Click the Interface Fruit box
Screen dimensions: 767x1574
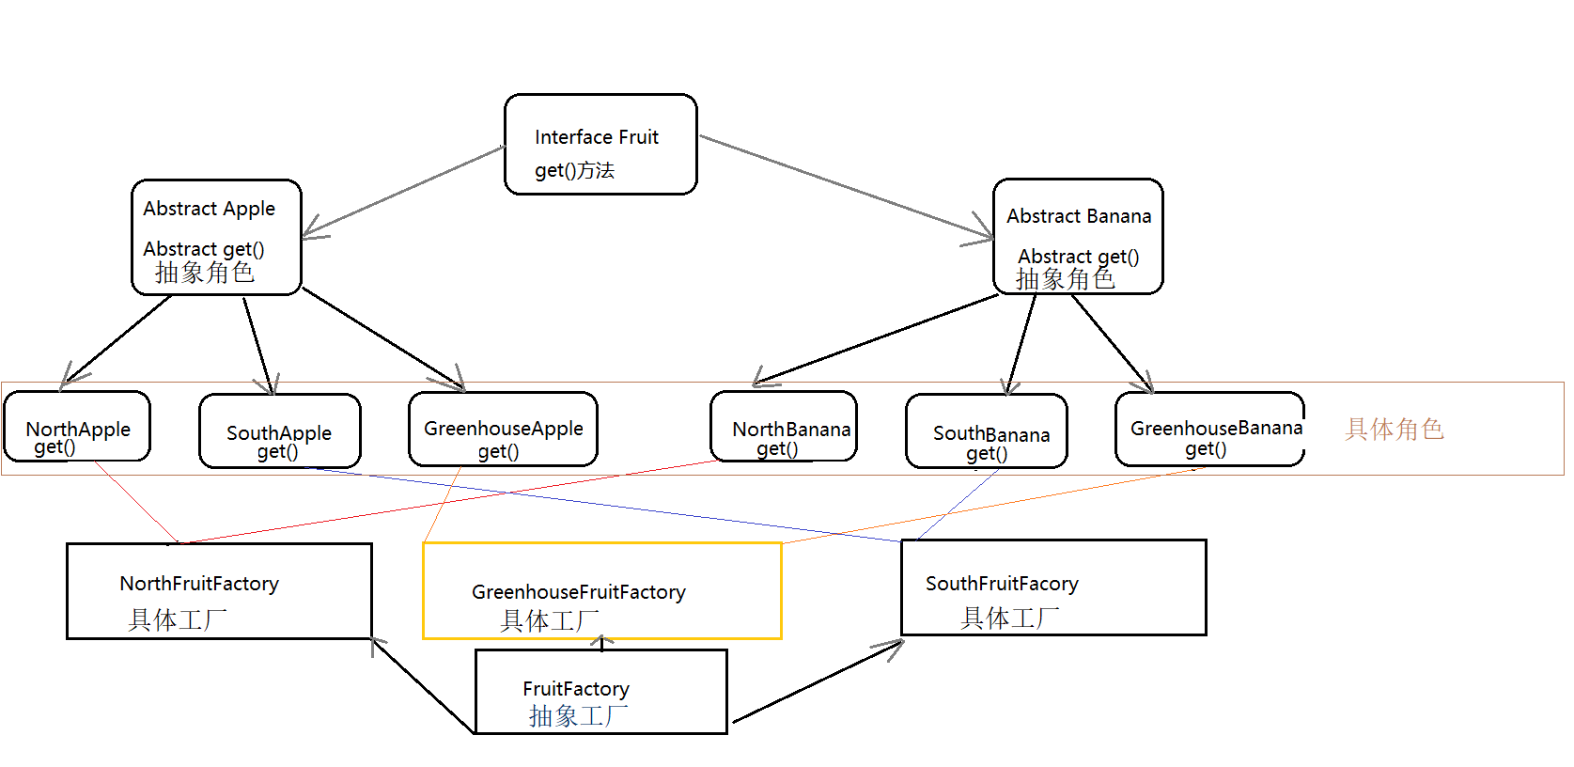[x=600, y=144]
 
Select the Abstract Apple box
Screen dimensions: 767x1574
[x=216, y=237]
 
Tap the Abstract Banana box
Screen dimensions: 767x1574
[x=1078, y=236]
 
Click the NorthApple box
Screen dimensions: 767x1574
[x=77, y=426]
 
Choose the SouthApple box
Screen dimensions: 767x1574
[x=279, y=430]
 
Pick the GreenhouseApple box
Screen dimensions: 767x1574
[x=503, y=429]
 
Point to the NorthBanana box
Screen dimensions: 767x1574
[x=783, y=426]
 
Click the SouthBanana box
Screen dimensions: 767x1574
[x=986, y=430]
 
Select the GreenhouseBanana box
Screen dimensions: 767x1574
[x=1209, y=429]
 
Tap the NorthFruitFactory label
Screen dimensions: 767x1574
[x=199, y=584]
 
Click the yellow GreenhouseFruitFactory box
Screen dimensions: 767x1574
[x=601, y=590]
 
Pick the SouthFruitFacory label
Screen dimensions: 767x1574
[x=1002, y=584]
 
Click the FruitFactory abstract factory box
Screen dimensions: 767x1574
[x=600, y=691]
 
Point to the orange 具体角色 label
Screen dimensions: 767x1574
[x=1394, y=430]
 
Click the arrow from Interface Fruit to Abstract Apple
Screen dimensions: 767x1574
[x=404, y=190]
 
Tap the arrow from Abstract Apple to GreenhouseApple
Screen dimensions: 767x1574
[x=382, y=339]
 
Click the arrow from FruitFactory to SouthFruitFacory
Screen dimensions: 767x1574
[x=818, y=681]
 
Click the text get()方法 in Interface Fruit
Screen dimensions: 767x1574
[x=574, y=170]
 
